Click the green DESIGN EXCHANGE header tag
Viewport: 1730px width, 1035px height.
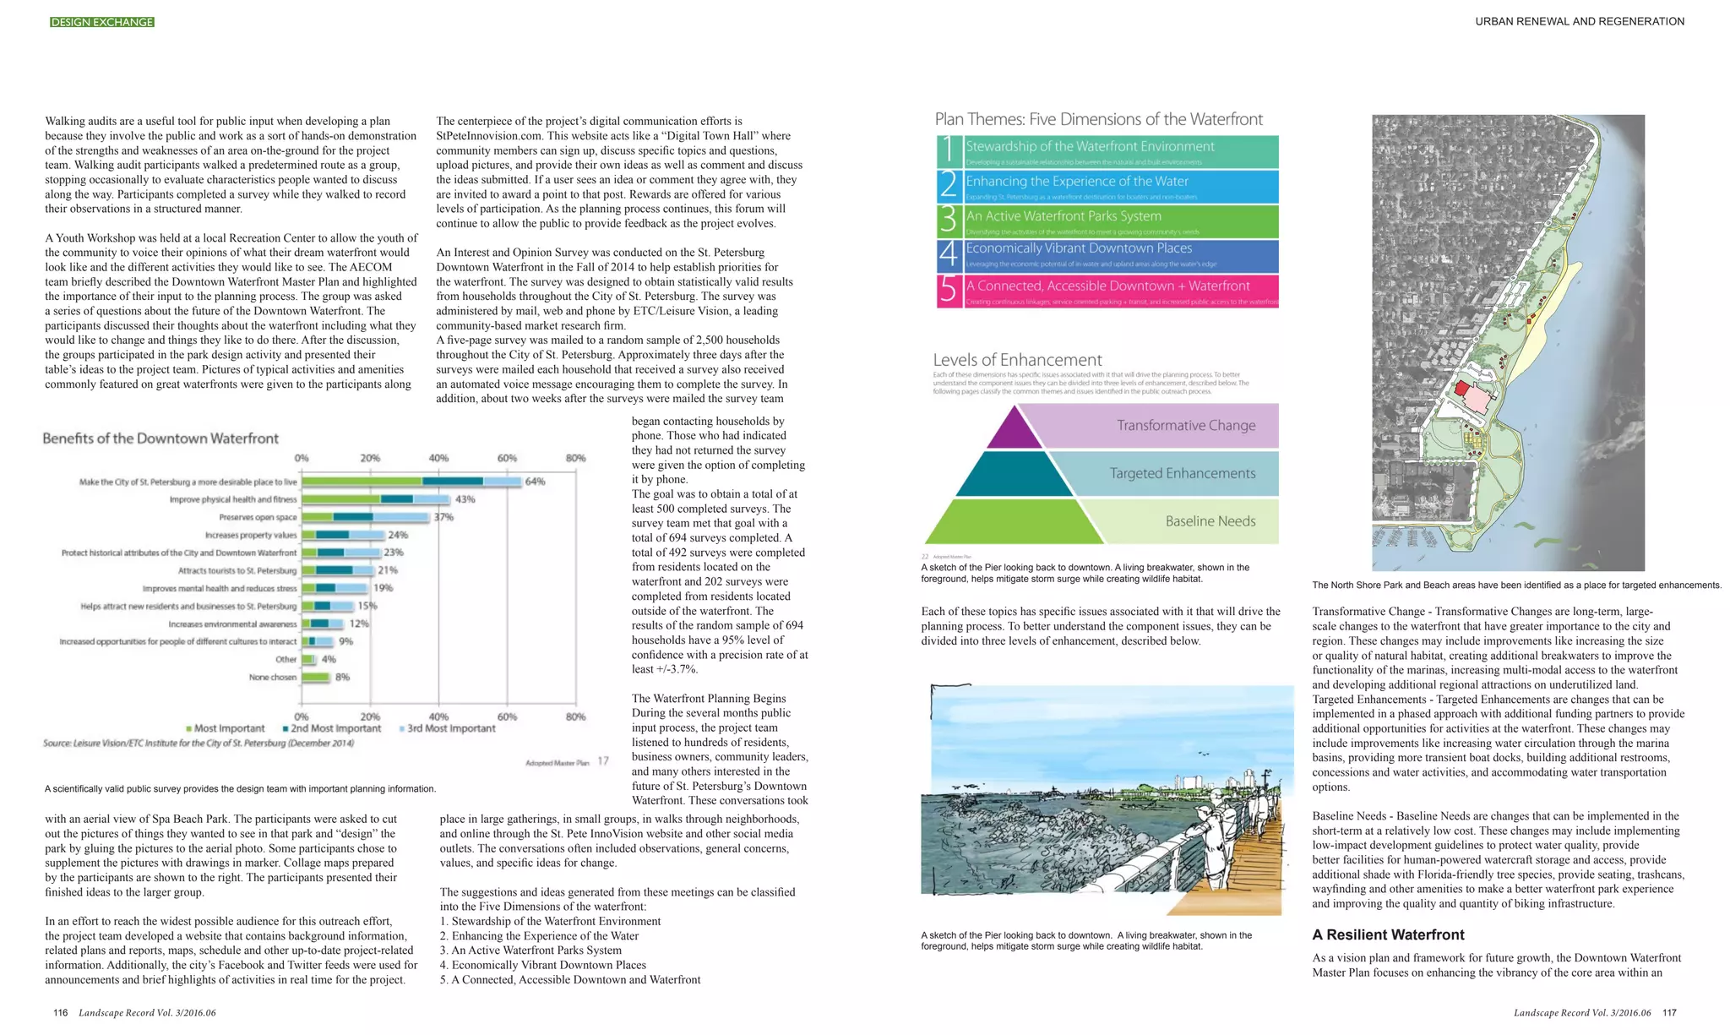[102, 22]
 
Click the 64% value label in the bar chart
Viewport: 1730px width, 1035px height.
[536, 482]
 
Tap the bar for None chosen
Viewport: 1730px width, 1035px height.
[316, 677]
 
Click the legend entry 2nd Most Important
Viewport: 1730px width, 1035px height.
[332, 728]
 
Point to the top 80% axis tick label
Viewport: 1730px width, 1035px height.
[575, 458]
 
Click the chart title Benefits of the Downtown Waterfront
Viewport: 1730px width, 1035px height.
[160, 438]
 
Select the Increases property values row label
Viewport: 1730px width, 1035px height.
[250, 535]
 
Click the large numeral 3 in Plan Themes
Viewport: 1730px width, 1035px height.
[949, 221]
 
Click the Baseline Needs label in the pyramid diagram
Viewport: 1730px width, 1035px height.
[1210, 521]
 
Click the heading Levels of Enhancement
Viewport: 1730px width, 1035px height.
[1017, 360]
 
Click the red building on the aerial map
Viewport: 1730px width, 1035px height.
[1462, 389]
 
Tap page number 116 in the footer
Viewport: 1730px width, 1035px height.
[60, 1012]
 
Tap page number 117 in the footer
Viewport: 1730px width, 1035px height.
[1669, 1012]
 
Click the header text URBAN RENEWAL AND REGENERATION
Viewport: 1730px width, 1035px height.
[1580, 22]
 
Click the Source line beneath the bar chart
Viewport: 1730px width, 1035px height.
[199, 744]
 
